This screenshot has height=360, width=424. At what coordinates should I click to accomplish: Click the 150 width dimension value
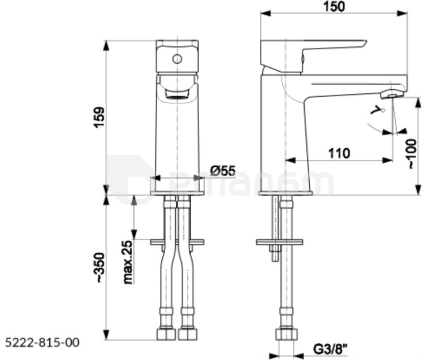coord(335,7)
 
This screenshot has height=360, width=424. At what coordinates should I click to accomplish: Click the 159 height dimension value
coord(99,118)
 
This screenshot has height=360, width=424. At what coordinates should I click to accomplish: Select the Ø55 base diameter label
coord(223,170)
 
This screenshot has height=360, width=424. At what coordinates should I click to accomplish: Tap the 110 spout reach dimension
coord(339,154)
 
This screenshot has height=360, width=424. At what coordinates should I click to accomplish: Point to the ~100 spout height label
coord(412,154)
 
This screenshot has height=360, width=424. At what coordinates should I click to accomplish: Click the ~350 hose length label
coord(99,267)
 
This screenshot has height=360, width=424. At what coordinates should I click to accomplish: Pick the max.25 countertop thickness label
coord(128,262)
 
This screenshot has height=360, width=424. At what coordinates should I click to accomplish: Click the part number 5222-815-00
coord(42,342)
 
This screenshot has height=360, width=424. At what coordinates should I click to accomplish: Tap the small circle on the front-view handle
coord(177,59)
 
